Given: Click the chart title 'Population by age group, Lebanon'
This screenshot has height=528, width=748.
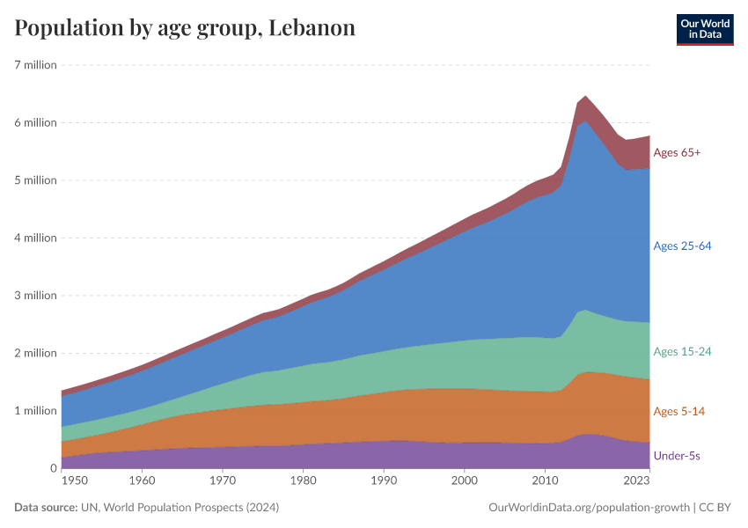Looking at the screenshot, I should (185, 27).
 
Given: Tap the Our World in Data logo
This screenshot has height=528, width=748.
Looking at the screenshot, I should (704, 28).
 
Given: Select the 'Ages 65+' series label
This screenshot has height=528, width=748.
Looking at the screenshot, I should (677, 153).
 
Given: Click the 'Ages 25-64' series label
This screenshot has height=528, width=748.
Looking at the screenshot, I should (682, 246).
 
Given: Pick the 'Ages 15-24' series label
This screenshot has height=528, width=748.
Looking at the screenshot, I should (682, 351).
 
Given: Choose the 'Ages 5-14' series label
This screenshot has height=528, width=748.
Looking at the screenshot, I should (678, 411).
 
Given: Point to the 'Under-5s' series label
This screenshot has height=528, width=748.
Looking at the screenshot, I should (677, 456).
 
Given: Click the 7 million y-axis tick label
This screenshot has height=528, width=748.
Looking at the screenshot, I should (35, 65).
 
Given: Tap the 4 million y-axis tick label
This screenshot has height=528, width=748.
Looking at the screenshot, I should (35, 238).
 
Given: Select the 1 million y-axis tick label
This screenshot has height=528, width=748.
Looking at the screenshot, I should (35, 411).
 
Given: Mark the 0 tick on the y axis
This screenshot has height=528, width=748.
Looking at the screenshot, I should (53, 468).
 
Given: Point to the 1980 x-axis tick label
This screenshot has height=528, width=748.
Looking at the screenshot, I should (304, 481).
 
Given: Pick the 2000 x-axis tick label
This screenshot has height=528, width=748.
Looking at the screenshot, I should (465, 481).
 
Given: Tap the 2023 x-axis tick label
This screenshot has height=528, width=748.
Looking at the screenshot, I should (635, 481).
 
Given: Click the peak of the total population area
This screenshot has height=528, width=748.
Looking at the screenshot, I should (585, 96).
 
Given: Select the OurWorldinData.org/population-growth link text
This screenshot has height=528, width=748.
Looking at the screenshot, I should (588, 508).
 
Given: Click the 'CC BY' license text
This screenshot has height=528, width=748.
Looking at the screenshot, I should (716, 508).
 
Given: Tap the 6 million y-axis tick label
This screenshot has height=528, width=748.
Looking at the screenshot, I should (35, 122).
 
